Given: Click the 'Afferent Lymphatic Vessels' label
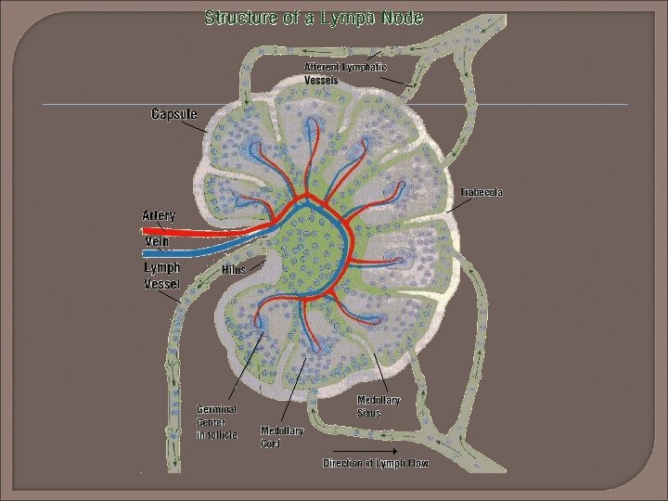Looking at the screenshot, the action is point(345,73).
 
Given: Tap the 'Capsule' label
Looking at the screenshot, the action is point(174,114).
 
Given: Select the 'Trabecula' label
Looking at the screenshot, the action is point(482,193).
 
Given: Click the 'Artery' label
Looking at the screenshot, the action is point(159,215).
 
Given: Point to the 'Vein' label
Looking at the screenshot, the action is point(155,241).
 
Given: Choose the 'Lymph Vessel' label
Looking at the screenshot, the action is point(162,276).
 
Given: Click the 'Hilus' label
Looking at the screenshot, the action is point(233,269).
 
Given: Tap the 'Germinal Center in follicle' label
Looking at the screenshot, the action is point(217,421).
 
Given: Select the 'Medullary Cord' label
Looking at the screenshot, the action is point(282,436).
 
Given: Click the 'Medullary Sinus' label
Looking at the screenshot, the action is point(379,405).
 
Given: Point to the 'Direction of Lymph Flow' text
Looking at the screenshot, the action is point(375,463).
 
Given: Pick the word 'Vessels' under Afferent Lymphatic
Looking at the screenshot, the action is point(321,80).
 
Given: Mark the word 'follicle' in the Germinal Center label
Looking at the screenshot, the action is point(223,434).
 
